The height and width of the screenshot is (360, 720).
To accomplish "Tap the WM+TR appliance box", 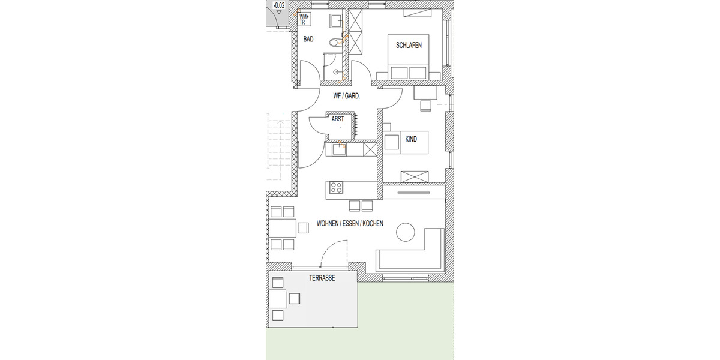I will pyautogui.click(x=305, y=19).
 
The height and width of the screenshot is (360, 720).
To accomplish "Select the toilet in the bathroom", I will pyautogui.click(x=335, y=43).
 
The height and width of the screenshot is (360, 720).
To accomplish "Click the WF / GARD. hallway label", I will pyautogui.click(x=347, y=95).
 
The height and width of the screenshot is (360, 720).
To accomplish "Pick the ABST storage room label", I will pyautogui.click(x=338, y=119).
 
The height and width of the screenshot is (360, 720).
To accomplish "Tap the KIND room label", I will pyautogui.click(x=411, y=139).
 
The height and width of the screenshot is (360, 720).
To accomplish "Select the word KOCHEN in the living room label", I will pyautogui.click(x=372, y=224).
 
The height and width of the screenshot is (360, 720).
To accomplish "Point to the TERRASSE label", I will pyautogui.click(x=322, y=278).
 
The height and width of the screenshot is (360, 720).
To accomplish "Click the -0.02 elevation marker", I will pyautogui.click(x=279, y=5).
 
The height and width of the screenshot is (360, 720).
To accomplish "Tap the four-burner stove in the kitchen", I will pyautogui.click(x=335, y=187).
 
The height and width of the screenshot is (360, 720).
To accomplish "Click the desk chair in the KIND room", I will pyautogui.click(x=425, y=106).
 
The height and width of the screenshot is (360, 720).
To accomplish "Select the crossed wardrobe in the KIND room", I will pyautogui.click(x=415, y=176).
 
